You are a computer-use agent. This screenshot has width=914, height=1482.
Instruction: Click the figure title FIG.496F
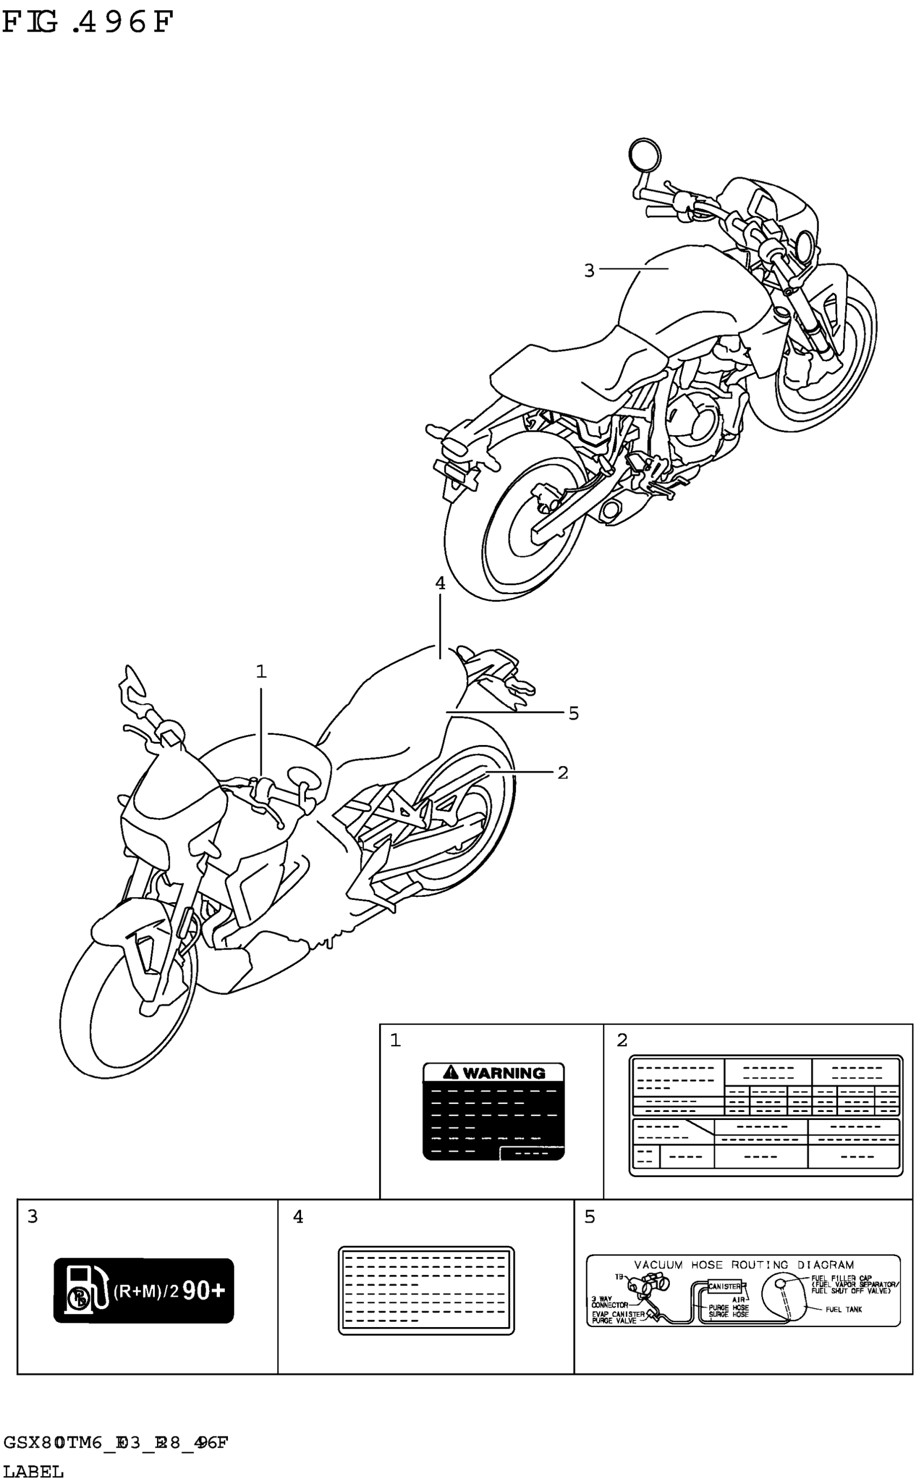[88, 23]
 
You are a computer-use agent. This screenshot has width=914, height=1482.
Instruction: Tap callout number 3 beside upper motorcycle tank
[589, 270]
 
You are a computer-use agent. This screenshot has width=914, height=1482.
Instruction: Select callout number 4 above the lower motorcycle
[440, 584]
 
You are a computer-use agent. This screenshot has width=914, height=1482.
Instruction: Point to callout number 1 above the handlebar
[261, 671]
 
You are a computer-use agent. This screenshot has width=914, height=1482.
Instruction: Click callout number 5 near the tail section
[573, 713]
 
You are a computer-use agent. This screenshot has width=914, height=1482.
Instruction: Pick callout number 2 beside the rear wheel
[562, 773]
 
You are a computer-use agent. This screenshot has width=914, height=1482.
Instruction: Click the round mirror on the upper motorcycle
[645, 154]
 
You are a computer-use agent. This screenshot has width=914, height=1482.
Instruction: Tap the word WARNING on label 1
[504, 1073]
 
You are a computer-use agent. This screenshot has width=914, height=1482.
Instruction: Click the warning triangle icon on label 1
[452, 1073]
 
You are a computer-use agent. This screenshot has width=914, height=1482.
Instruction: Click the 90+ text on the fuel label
[203, 1291]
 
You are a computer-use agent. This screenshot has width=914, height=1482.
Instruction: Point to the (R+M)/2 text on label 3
[146, 1292]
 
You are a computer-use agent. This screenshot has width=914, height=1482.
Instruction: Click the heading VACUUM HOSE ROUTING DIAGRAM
[744, 1265]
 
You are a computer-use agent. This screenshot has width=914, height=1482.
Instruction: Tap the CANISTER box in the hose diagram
[724, 1287]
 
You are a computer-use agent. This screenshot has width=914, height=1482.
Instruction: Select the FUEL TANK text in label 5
[844, 1310]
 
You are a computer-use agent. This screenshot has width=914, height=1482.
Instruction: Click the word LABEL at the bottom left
[33, 1471]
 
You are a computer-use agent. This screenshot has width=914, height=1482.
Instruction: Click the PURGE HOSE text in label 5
[729, 1308]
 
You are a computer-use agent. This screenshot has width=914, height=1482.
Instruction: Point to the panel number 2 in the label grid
[622, 1040]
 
